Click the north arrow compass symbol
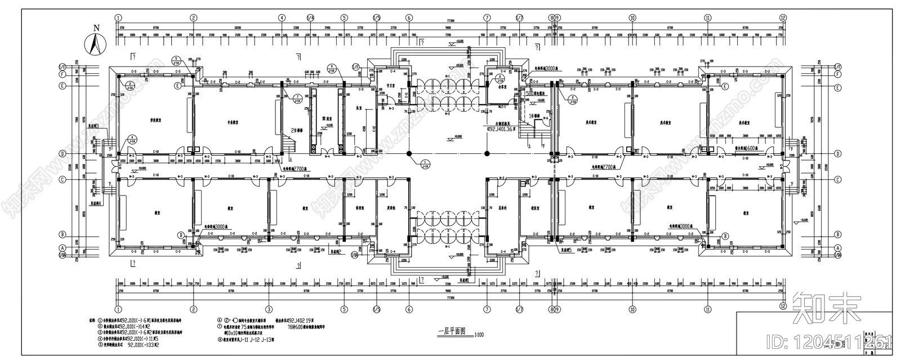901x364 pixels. pyautogui.click(x=96, y=43)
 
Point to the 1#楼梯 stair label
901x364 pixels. pyautogui.click(x=534, y=115)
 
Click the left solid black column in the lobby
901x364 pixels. pyautogui.click(x=409, y=153)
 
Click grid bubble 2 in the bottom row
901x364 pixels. pyautogui.click(x=193, y=309)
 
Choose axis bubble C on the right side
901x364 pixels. pyautogui.click(x=837, y=180)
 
